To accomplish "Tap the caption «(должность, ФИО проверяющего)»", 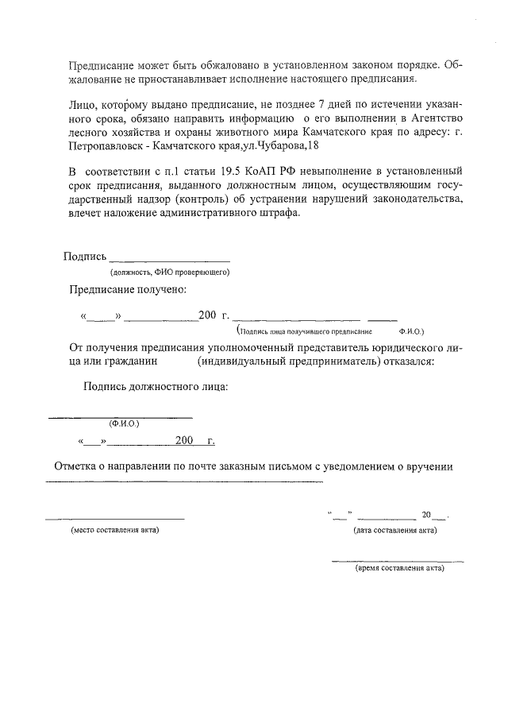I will click(x=170, y=273).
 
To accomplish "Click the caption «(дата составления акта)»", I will click(x=394, y=529).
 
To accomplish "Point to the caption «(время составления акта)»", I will click(x=399, y=569).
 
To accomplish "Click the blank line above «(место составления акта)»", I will click(x=115, y=519).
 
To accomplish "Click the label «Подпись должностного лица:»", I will click(x=156, y=387).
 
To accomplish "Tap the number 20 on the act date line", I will click(x=428, y=515).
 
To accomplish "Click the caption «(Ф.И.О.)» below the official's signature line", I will click(x=124, y=423).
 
